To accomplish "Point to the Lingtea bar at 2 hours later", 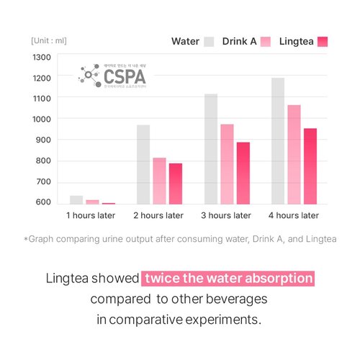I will [x=176, y=184].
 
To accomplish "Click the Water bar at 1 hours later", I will [x=76, y=200].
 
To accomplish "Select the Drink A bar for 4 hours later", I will [x=294, y=155].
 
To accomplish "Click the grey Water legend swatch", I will [x=210, y=41].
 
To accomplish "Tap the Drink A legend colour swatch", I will [x=266, y=41].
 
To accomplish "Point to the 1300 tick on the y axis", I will [x=42, y=58].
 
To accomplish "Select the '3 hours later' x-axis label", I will [x=226, y=215].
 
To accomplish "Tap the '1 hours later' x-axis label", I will [x=89, y=215].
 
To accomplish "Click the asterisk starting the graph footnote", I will [x=26, y=238].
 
